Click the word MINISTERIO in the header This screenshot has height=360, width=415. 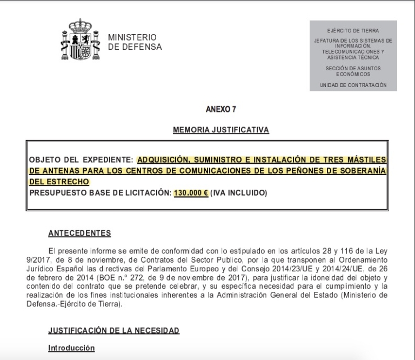click(132, 37)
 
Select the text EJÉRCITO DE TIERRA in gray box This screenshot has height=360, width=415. click(353, 31)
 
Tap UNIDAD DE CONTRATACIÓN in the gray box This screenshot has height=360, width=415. click(353, 85)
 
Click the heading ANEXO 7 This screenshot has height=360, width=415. click(221, 109)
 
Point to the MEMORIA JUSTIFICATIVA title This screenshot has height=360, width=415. click(221, 130)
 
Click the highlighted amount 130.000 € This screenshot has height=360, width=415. click(191, 192)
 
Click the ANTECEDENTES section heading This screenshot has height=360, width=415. click(79, 234)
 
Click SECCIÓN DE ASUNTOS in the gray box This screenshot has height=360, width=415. click(353, 68)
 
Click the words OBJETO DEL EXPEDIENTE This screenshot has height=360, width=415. click(80, 159)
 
